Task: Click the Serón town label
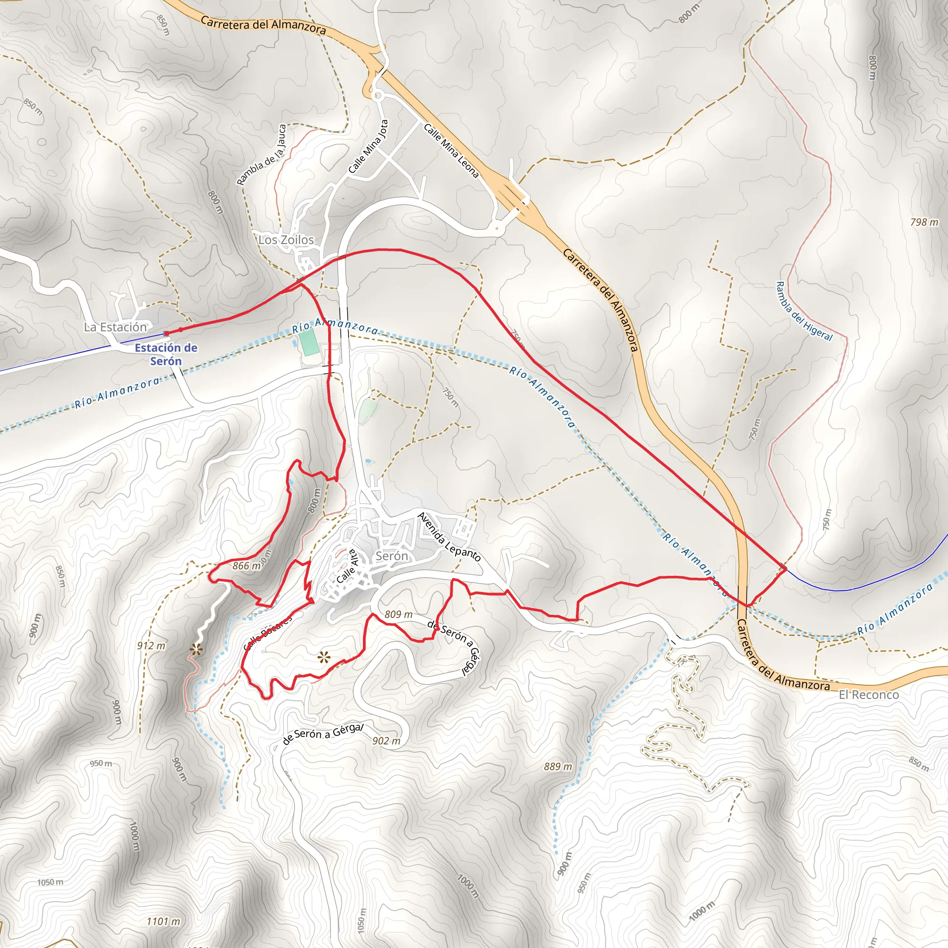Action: click(x=391, y=556)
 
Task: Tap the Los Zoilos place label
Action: click(x=286, y=240)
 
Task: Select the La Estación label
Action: click(x=115, y=327)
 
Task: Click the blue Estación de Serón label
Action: click(x=166, y=354)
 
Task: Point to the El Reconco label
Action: click(x=868, y=694)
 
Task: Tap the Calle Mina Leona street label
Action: click(x=451, y=150)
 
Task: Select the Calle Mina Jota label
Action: click(x=368, y=147)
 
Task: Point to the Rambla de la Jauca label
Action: click(x=262, y=155)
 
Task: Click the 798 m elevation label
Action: click(x=924, y=222)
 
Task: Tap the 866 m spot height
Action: click(x=246, y=566)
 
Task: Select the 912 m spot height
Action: click(x=151, y=646)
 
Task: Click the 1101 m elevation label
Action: click(x=163, y=922)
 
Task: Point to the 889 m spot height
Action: click(x=557, y=766)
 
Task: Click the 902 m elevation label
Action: click(x=386, y=741)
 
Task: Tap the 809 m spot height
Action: click(x=398, y=614)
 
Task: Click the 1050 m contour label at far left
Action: click(x=50, y=882)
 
